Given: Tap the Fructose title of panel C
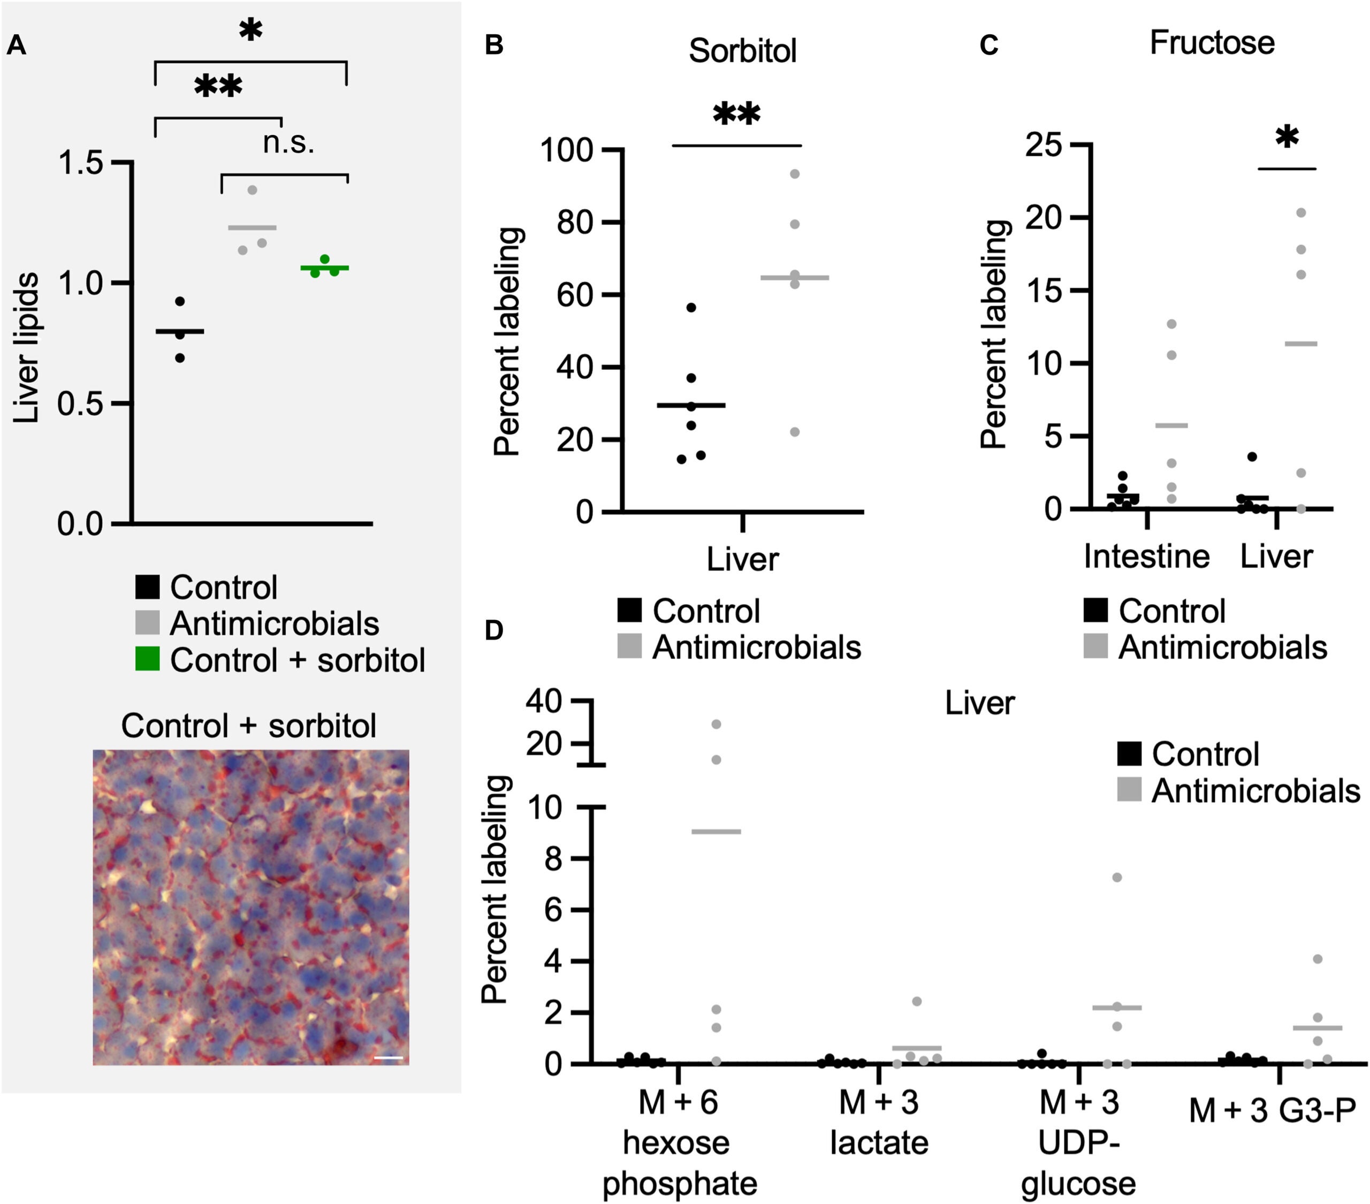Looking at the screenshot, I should click(x=1211, y=43).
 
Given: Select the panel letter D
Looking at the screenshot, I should click(x=493, y=631).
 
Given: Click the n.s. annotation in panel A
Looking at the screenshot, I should click(x=288, y=143).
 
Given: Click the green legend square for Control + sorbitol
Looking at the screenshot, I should click(x=147, y=659).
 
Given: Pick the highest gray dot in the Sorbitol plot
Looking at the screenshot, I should click(x=795, y=174).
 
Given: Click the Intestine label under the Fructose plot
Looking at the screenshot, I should click(x=1146, y=557).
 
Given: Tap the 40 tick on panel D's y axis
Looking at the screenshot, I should click(x=543, y=701).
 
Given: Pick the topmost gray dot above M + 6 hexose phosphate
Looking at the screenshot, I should click(x=716, y=725).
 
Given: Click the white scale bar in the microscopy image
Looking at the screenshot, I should click(x=389, y=1058).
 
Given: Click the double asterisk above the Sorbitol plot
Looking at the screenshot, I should click(x=736, y=115).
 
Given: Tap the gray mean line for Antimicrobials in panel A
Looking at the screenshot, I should click(x=252, y=228).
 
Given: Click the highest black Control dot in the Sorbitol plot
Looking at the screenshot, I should click(x=691, y=308).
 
